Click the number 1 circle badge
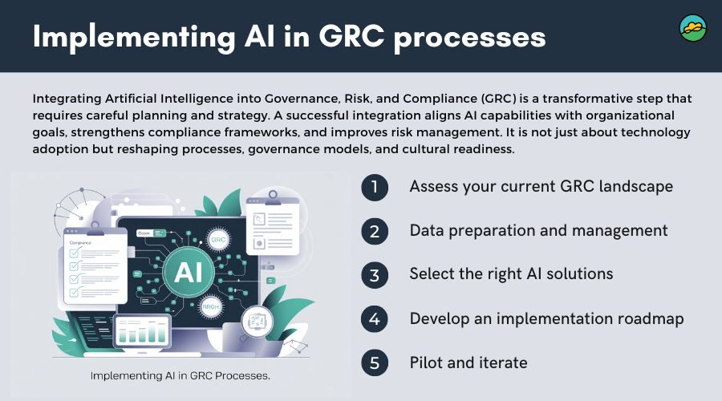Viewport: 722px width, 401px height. (x=374, y=187)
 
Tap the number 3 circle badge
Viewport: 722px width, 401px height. (x=374, y=275)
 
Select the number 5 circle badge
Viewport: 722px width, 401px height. (x=374, y=363)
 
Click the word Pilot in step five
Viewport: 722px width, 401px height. (x=426, y=363)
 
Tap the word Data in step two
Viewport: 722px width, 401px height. (x=426, y=230)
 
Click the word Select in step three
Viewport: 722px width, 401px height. (x=433, y=274)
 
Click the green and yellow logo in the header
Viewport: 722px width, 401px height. (x=692, y=29)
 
